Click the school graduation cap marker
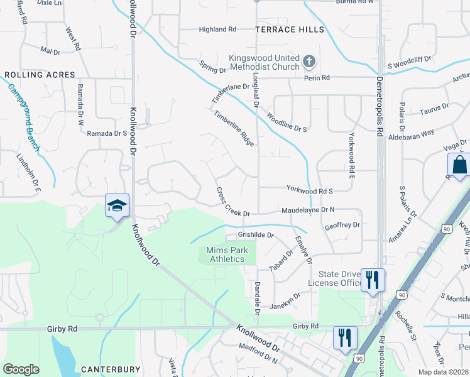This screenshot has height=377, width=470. point(117,206)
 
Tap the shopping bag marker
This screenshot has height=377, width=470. point(459,166)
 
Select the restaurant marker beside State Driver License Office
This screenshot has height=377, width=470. point(373,280)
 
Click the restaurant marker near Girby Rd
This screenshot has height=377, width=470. point(345,337)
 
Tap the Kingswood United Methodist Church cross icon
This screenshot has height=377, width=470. point(309,61)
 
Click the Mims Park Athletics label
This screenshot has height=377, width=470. point(227,254)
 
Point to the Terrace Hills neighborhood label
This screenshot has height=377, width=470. point(290,30)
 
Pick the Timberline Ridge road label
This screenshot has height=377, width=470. point(234,128)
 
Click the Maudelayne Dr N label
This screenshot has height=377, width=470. point(308,210)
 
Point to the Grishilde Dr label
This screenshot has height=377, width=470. point(256,235)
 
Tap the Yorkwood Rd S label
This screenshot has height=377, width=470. point(309,190)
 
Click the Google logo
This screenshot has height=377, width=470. point(21,369)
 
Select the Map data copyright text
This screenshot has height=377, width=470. point(444,372)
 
